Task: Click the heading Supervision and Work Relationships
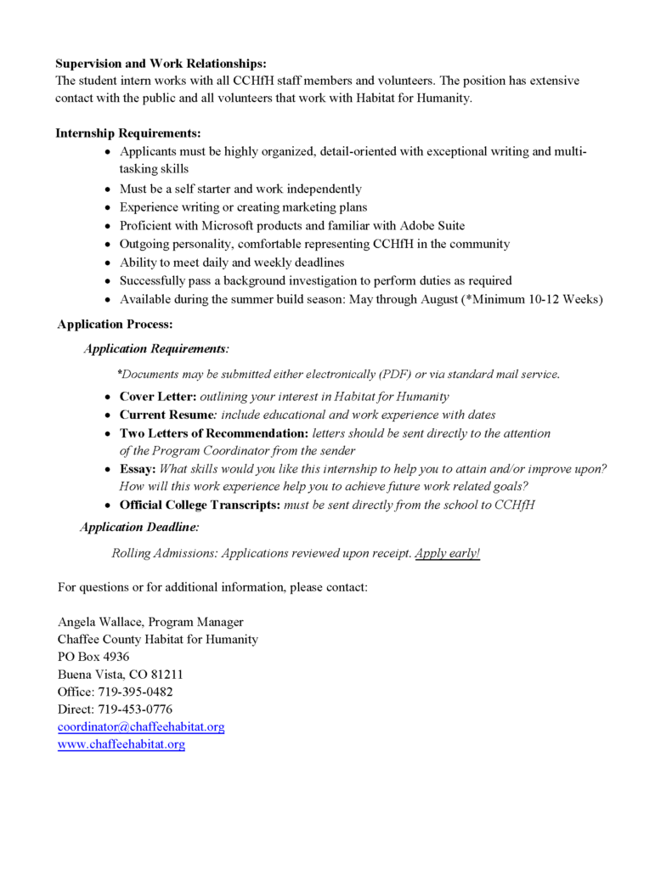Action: click(x=161, y=64)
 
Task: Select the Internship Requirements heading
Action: click(x=128, y=133)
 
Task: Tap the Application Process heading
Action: click(x=115, y=324)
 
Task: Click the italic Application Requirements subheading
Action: click(x=155, y=348)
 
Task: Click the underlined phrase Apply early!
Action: click(x=447, y=553)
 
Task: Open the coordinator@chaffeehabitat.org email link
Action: click(x=141, y=727)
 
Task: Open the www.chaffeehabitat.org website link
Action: click(x=121, y=744)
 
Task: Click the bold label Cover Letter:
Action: click(x=158, y=397)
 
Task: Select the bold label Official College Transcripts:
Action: click(x=200, y=505)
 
